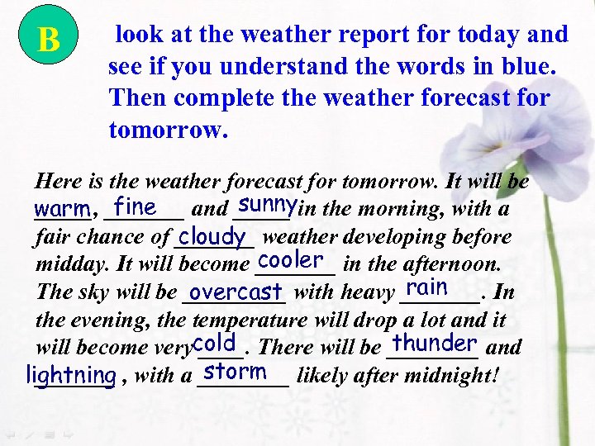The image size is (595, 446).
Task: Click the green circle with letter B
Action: point(49,38)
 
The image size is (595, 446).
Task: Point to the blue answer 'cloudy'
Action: point(212,237)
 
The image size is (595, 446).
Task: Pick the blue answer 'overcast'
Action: point(236,292)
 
